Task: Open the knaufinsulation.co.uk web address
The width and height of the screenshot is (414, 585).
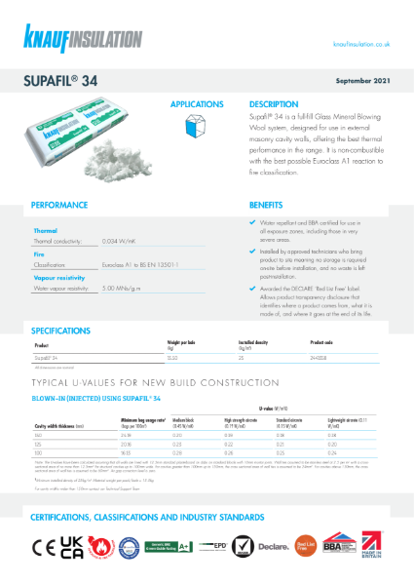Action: (361, 44)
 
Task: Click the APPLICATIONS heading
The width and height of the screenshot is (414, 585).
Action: (198, 103)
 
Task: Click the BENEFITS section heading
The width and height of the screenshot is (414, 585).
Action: (266, 206)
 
